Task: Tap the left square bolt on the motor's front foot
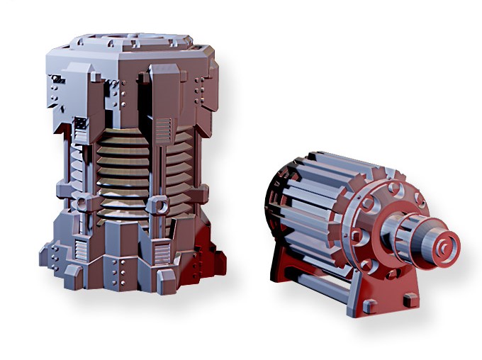click(x=368, y=305)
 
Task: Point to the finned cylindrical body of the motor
click(x=319, y=206)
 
